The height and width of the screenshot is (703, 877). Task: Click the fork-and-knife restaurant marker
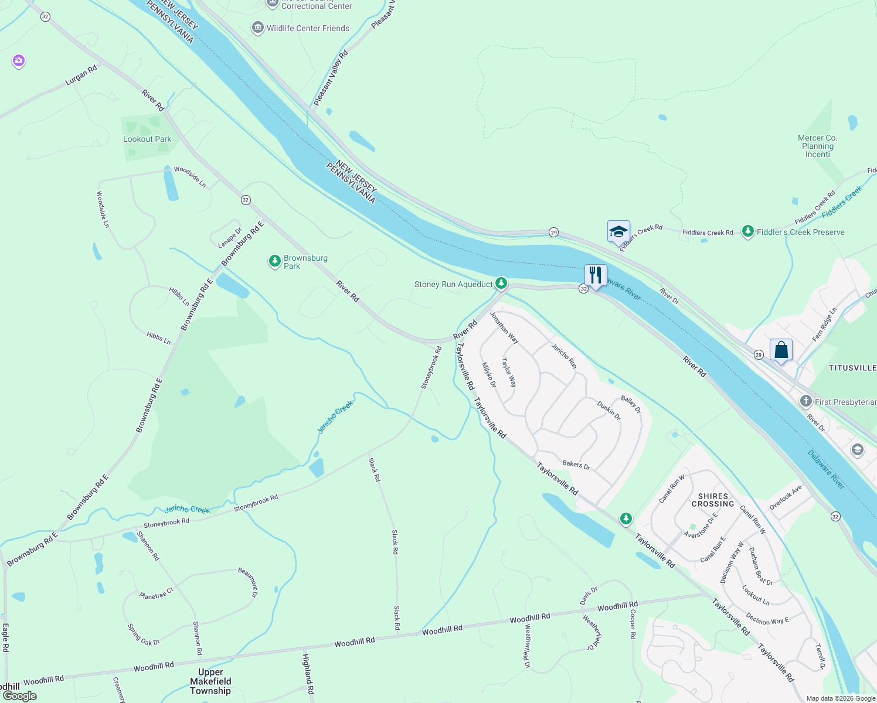point(596,275)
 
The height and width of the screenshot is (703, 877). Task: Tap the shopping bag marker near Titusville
point(781,350)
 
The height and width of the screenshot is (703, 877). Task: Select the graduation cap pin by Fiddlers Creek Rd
point(618,232)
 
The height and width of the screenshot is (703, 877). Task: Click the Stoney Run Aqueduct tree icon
point(501,284)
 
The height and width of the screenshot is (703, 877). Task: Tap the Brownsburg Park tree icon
point(274,261)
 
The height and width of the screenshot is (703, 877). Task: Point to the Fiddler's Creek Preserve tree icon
point(747,231)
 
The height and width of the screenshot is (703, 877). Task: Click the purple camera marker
point(19,61)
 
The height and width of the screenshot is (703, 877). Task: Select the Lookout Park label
point(147,139)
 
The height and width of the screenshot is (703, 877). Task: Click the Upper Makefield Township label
point(210,681)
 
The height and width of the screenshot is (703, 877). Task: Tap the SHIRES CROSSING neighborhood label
point(713,500)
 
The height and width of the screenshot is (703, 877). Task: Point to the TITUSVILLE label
point(852,368)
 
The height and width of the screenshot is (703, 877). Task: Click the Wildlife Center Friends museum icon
point(257,28)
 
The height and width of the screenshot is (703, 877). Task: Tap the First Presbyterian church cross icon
point(806,401)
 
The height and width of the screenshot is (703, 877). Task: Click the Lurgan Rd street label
point(81,76)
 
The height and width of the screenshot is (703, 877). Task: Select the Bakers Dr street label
point(576,465)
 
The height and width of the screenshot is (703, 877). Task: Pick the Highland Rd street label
point(308,674)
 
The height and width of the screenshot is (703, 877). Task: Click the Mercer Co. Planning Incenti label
point(818,146)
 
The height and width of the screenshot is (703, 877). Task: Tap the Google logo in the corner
point(19,695)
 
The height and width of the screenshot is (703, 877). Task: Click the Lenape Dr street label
point(230,237)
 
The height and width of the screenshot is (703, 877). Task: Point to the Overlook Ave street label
point(786,497)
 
